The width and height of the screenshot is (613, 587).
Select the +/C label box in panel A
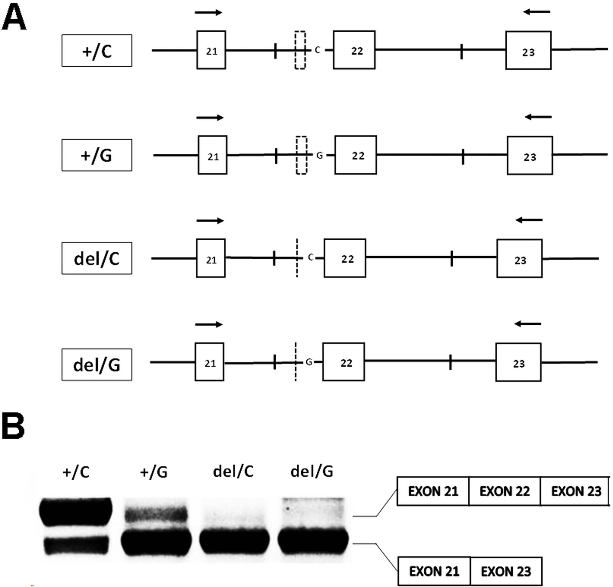pos(97,51)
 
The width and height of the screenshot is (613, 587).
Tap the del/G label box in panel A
pos(97,365)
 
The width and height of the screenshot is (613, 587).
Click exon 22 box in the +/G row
pos(355,155)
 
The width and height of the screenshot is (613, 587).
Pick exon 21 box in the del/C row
pos(211,258)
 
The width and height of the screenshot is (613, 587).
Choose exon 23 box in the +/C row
pos(528,50)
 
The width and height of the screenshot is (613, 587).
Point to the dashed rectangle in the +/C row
pos(300,50)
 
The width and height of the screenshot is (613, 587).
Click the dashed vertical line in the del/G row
pos(296,362)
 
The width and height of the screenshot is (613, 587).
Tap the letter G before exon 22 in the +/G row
pos(320,156)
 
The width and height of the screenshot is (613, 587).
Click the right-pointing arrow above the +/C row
pos(208,13)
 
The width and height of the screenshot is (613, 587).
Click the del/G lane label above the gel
pos(312,472)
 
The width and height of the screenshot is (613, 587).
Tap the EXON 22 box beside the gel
pos(504,491)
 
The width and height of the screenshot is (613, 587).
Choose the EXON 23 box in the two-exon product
pos(506,571)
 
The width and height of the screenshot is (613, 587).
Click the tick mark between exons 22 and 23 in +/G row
pos(463,157)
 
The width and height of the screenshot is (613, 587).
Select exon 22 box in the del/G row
pos(343,362)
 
